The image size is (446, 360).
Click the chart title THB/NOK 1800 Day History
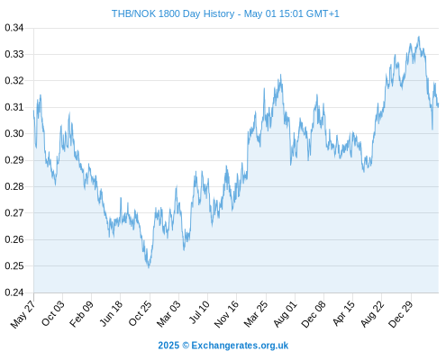tap(173, 13)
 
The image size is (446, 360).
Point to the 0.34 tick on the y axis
tap(14, 28)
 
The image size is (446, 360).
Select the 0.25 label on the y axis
tap(14, 266)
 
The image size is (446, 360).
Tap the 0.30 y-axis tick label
tap(14, 134)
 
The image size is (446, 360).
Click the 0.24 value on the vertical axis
tap(14, 292)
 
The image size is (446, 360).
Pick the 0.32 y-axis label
tap(14, 81)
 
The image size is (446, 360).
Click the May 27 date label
tap(23, 314)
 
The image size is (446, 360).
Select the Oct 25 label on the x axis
tap(141, 313)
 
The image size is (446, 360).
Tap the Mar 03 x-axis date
tap(168, 313)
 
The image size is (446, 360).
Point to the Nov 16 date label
tap(226, 314)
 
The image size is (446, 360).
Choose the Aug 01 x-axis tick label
tap(286, 314)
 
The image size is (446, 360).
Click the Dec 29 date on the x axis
tap(401, 314)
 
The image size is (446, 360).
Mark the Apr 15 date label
tap(343, 313)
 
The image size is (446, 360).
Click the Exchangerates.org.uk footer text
tap(240, 346)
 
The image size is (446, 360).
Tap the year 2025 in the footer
tap(168, 346)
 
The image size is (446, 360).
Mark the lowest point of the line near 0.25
tap(149, 267)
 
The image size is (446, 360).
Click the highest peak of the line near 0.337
tap(419, 37)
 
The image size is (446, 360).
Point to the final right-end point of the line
tap(439, 105)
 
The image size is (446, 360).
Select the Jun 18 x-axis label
tap(111, 313)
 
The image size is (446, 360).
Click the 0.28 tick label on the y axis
tap(14, 187)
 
